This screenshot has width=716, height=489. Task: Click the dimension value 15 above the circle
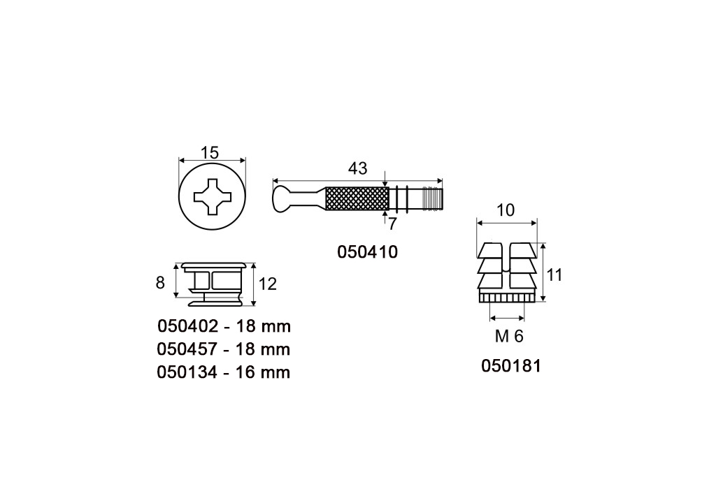210,152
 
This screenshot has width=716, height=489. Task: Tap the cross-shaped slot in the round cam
213,196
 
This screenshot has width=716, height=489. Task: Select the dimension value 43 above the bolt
357,169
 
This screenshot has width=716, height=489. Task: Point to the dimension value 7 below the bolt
392,224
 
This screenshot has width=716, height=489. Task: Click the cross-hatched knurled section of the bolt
356,199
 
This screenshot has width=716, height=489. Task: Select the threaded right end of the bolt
432,199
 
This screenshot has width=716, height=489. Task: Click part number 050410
368,251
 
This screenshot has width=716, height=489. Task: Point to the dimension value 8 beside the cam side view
160,283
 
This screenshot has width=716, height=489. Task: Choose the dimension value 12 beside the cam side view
268,284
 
